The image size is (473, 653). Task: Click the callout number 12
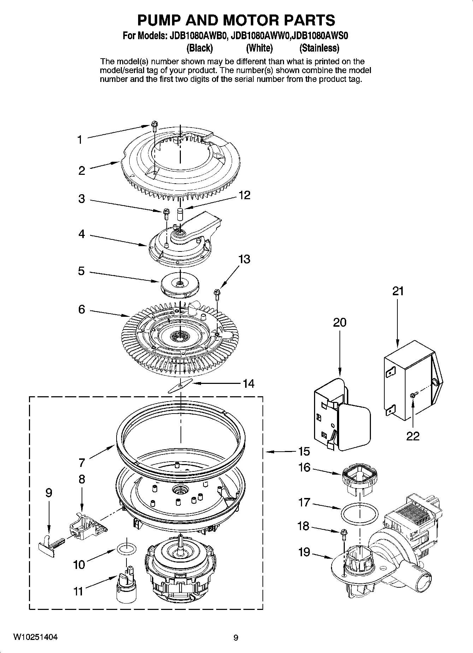[244, 195]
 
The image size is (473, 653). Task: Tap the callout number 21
[398, 291]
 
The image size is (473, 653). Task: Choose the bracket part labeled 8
[86, 525]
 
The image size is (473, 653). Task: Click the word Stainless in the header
[319, 48]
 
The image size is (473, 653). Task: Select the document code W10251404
[36, 637]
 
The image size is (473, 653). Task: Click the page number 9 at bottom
[236, 637]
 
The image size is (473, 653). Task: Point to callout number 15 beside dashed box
[304, 451]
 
